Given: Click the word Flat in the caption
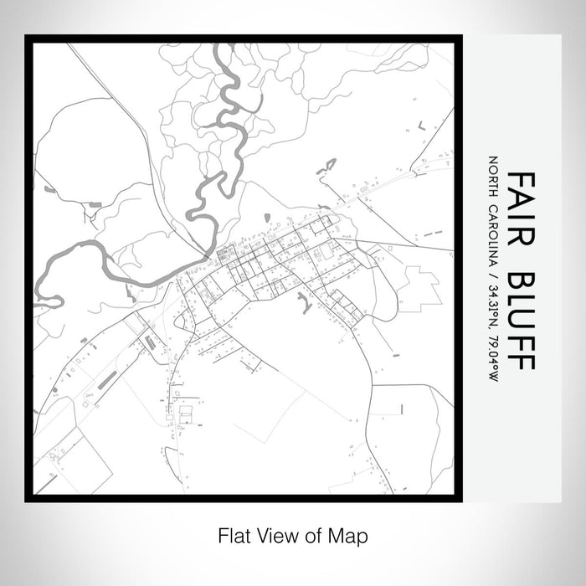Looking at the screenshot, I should (x=231, y=533).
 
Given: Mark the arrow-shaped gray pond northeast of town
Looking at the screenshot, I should (x=326, y=166).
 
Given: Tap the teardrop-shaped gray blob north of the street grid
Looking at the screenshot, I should (x=267, y=218).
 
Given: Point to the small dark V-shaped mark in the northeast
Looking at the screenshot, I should (x=420, y=124).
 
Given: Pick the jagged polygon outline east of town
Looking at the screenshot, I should (x=419, y=289).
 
